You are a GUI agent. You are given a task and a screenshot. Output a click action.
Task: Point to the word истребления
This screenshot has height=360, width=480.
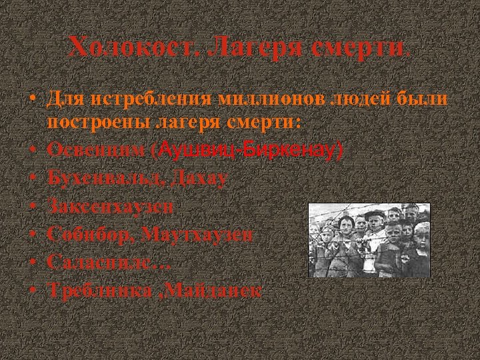(151, 99)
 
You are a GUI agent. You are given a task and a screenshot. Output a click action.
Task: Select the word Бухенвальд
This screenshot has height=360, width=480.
(106, 178)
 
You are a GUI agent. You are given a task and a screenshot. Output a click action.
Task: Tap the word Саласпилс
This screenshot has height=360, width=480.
(105, 262)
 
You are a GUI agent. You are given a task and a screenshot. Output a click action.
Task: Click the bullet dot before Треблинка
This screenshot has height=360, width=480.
(32, 290)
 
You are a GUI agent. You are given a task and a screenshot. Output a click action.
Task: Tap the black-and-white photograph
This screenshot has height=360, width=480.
(369, 240)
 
